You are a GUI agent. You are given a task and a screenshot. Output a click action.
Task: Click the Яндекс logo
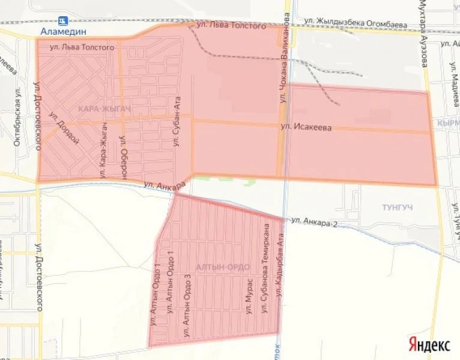pyautogui.click(x=429, y=344)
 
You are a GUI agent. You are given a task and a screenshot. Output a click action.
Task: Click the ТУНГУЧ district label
pyautogui.click(x=401, y=207)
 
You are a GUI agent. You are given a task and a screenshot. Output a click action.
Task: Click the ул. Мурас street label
pyautogui.click(x=248, y=301)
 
